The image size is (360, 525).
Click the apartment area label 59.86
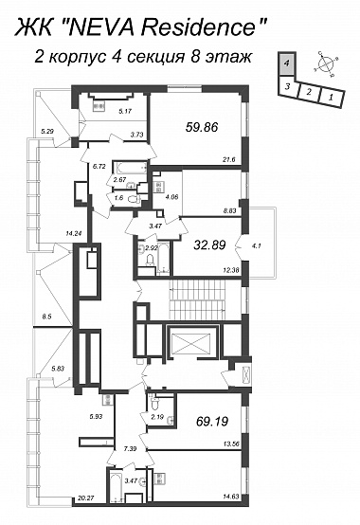[x=201, y=127]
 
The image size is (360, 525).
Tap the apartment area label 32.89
[x=209, y=245]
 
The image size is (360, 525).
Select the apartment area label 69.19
[x=212, y=421]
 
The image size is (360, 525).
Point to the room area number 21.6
[x=229, y=160]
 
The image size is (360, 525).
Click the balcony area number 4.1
[x=258, y=246]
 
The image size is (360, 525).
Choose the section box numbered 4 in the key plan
[x=287, y=63]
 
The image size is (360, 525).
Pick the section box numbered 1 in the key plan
[x=331, y=97]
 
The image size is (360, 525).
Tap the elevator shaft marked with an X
[x=192, y=343]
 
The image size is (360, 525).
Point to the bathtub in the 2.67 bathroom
[x=130, y=168]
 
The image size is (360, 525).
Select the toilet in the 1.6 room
[x=135, y=199]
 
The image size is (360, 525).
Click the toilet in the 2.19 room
[x=154, y=403]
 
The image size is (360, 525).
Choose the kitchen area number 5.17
[x=125, y=111]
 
